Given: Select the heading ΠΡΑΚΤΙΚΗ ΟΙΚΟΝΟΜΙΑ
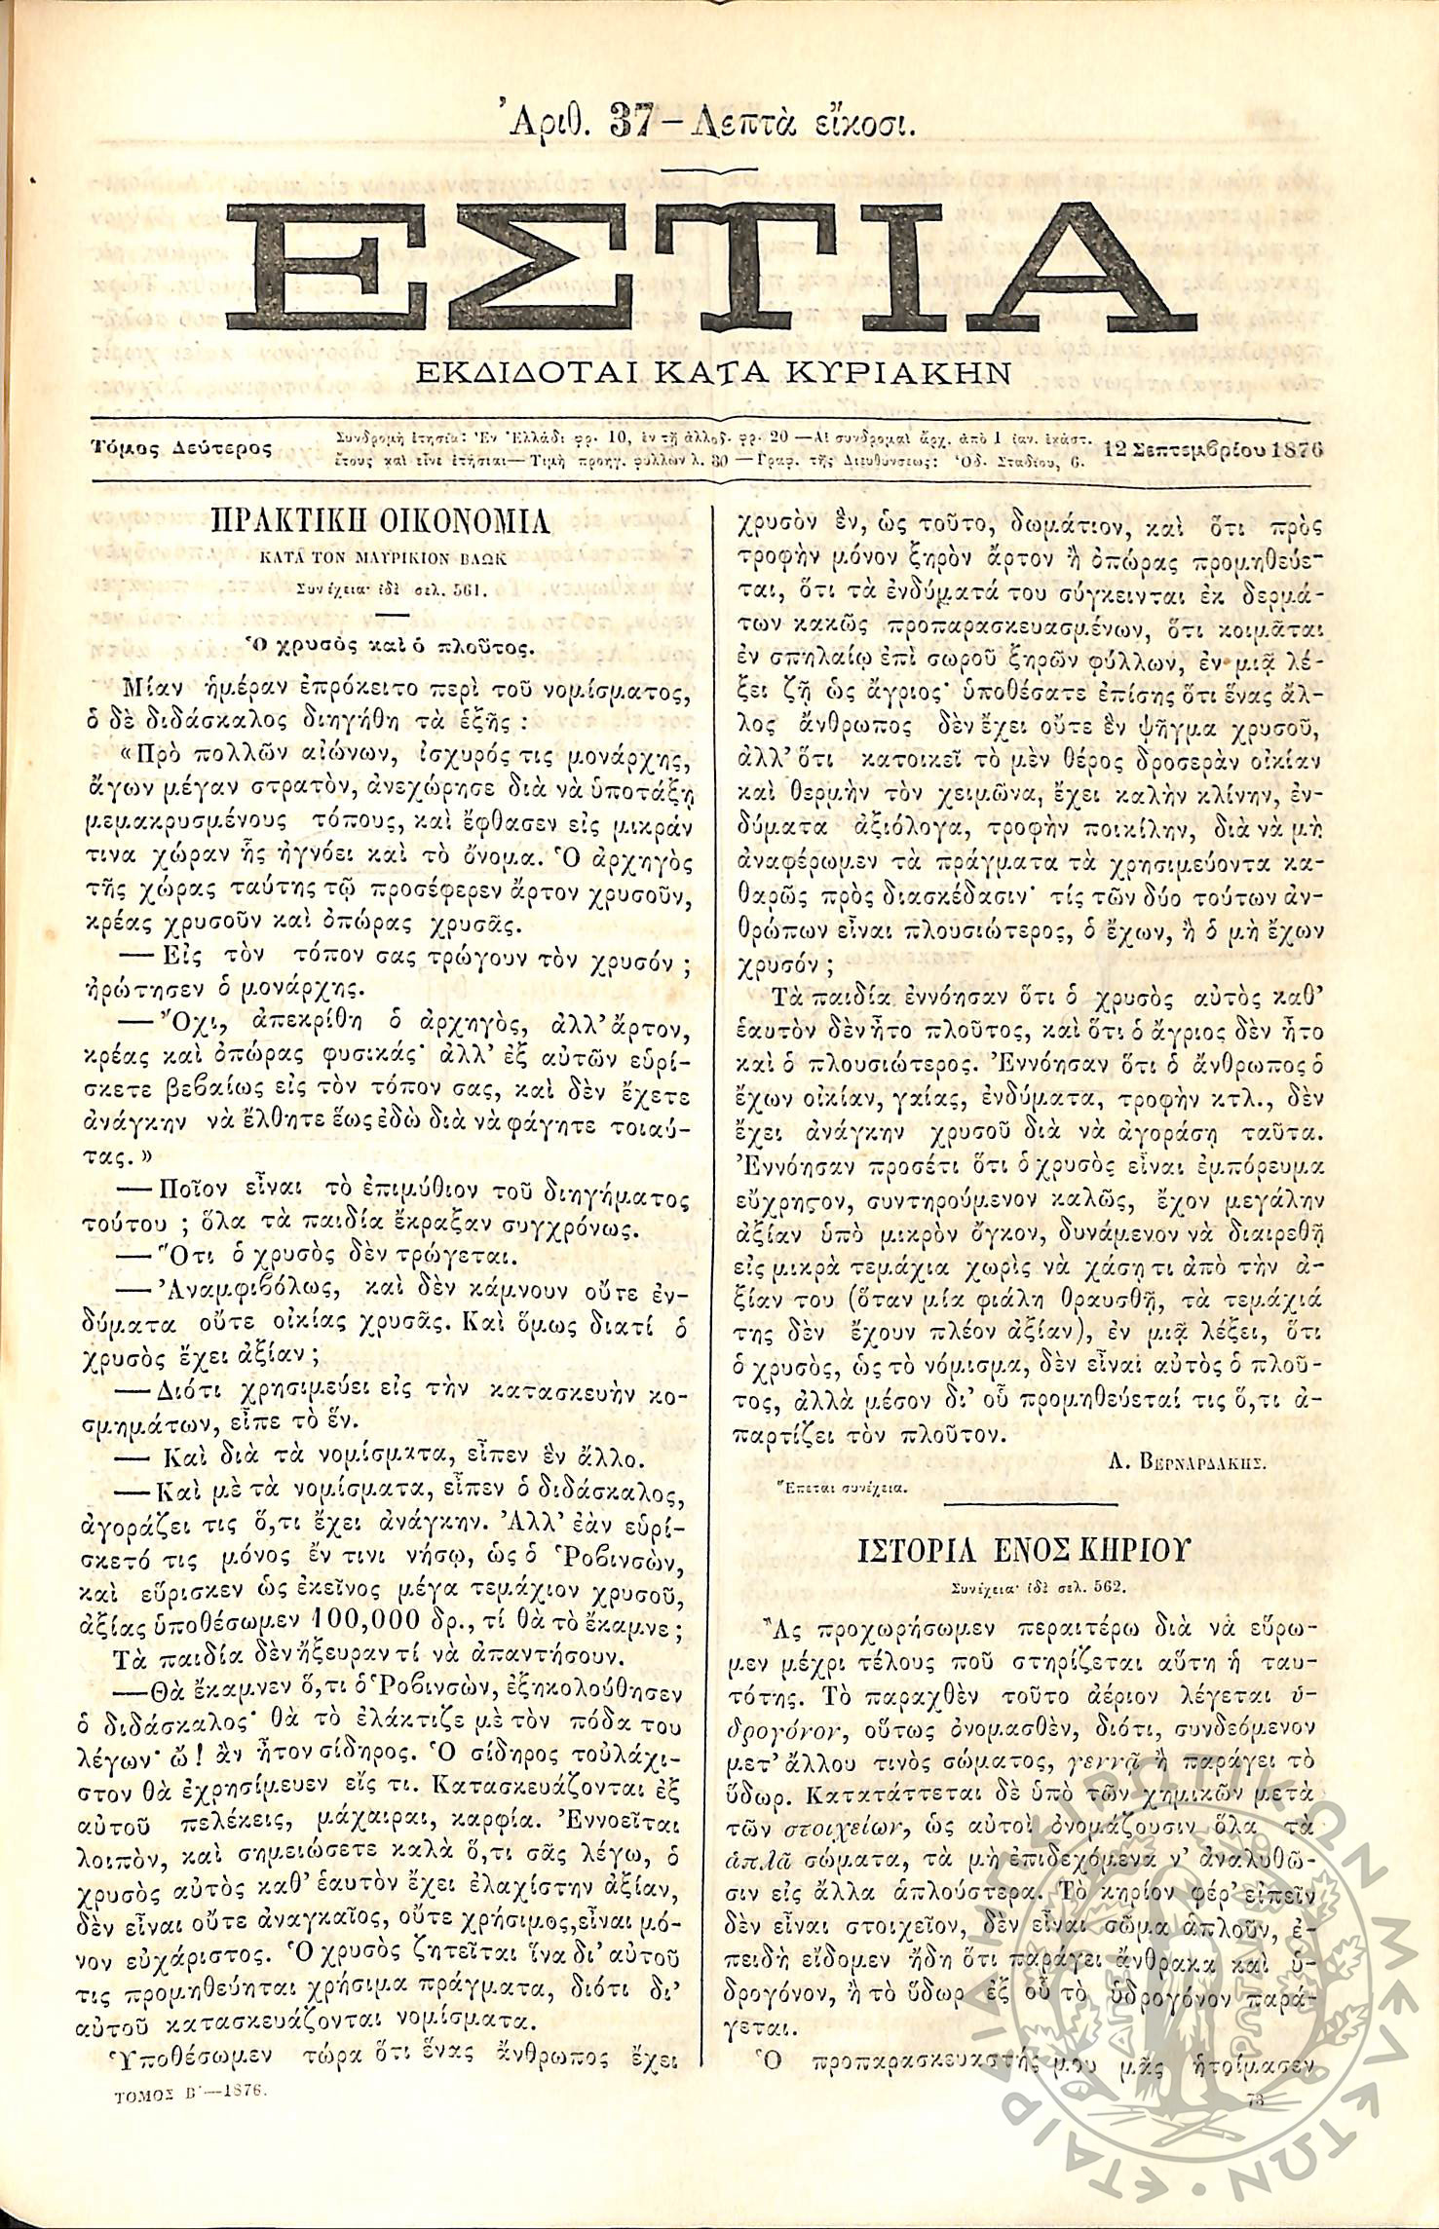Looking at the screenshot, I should [381, 523].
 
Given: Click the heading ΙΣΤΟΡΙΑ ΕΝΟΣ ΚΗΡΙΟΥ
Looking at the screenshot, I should [1023, 1550].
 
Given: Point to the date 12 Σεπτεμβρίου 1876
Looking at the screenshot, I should [1212, 449].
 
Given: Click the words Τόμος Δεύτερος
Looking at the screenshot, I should [181, 448].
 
